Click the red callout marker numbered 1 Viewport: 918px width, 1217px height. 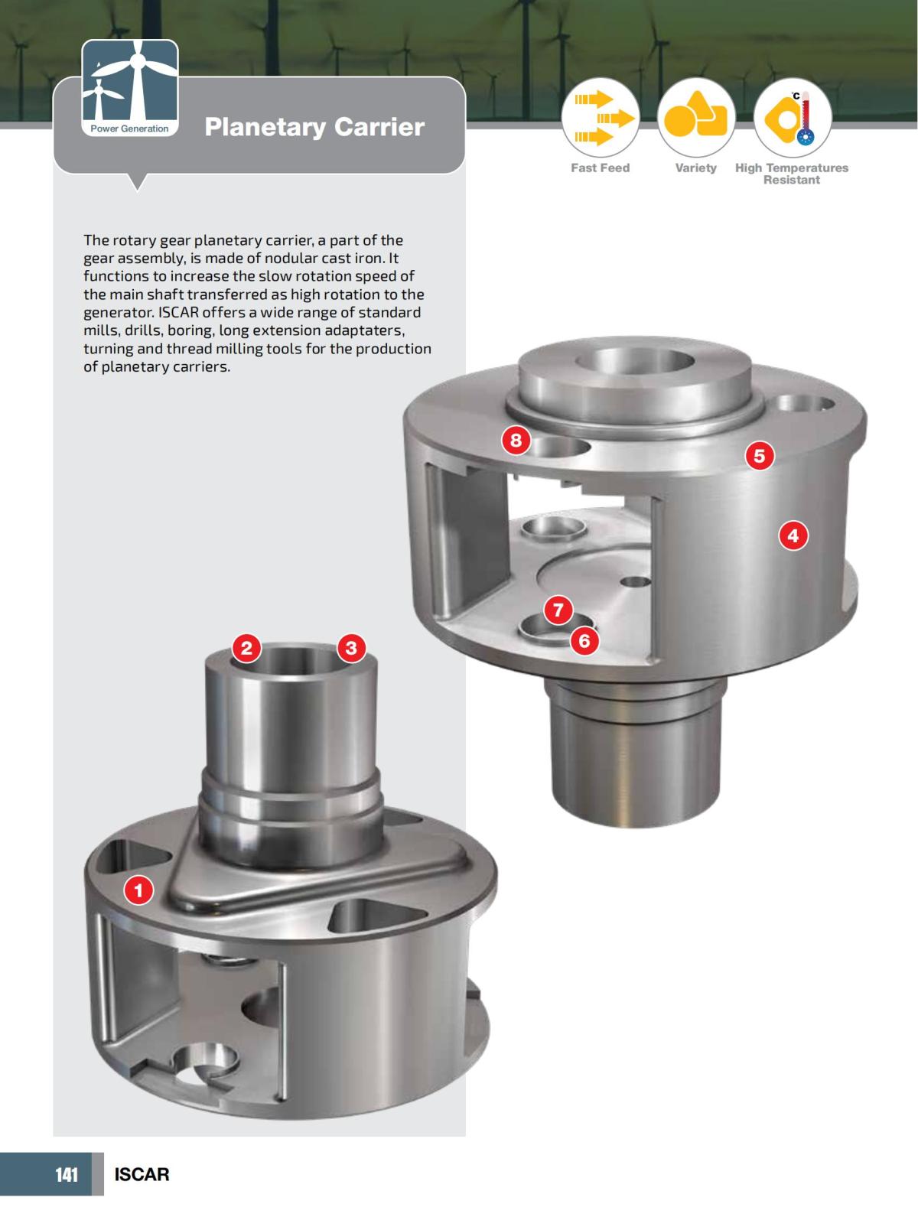[139, 890]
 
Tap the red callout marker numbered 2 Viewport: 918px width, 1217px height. [246, 649]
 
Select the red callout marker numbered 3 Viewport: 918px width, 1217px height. [351, 649]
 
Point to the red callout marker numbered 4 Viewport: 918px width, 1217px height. [793, 535]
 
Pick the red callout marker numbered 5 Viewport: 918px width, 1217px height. [759, 457]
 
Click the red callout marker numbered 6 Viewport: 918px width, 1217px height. [584, 640]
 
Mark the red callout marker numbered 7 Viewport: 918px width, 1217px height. [558, 610]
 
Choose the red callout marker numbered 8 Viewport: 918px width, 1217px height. [516, 440]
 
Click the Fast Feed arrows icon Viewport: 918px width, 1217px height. [601, 119]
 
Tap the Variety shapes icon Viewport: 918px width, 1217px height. [696, 119]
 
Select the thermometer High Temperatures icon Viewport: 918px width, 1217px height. [792, 119]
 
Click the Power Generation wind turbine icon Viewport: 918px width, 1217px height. [130, 86]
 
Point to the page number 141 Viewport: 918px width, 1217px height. [67, 1174]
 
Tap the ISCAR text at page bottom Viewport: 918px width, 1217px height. [142, 1174]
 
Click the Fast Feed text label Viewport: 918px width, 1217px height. [600, 168]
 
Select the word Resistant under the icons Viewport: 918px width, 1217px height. [791, 181]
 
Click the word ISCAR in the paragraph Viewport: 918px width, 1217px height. [179, 312]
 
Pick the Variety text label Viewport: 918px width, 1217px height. [695, 168]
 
